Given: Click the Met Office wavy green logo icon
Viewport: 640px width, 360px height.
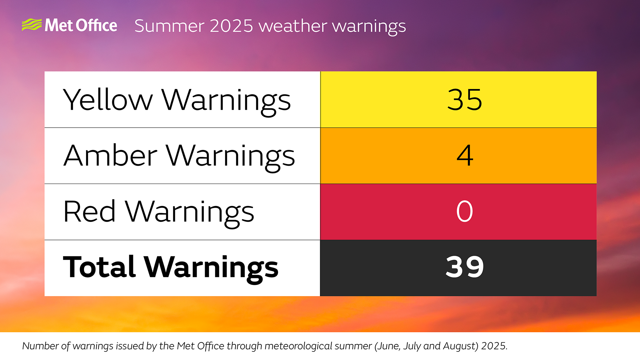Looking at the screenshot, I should (32, 25).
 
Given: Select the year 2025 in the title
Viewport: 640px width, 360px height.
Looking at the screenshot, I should (231, 26).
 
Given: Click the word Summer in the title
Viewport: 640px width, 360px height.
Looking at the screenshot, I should (169, 26).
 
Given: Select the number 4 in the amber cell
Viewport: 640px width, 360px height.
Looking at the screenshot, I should (465, 155).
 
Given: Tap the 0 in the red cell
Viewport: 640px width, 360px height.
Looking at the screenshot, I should (464, 211).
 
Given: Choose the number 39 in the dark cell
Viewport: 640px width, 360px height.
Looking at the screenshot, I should (465, 267).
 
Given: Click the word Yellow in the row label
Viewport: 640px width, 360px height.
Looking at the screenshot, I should (108, 100).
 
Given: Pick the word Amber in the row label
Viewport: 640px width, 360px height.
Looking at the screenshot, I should (110, 156).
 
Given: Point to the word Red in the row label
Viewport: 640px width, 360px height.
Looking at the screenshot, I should (89, 212).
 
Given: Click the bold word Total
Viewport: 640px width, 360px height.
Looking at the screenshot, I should (99, 267).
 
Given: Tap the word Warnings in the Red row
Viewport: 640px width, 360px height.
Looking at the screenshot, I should (189, 212).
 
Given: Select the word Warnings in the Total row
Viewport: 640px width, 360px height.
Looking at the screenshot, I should (211, 268).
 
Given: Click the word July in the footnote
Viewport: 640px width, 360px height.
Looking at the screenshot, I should (412, 346).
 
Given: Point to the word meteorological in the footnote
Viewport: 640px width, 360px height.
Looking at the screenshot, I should (300, 346).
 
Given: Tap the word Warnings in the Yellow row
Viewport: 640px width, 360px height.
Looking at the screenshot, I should (226, 100).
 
